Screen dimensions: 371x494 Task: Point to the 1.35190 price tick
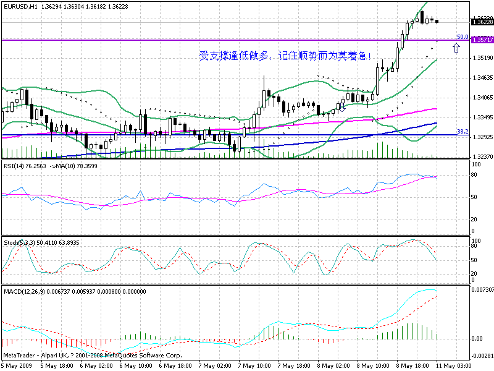click(x=481, y=58)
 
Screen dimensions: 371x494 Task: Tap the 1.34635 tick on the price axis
click(x=481, y=78)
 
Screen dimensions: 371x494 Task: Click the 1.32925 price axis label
click(x=481, y=137)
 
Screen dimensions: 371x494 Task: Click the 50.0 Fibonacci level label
click(x=461, y=36)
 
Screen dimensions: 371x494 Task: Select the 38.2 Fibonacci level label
click(x=461, y=131)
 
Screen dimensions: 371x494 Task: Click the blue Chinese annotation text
click(x=285, y=56)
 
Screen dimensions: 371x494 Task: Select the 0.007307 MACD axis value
click(x=482, y=290)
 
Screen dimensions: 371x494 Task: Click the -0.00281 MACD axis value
click(x=482, y=356)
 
